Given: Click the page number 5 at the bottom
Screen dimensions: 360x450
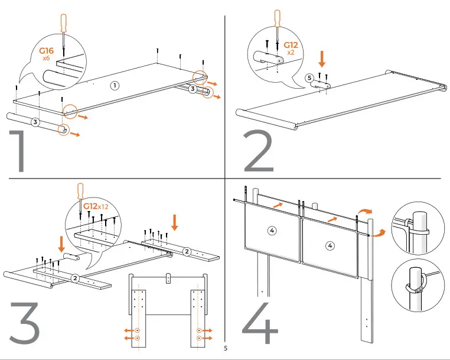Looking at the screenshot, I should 225,348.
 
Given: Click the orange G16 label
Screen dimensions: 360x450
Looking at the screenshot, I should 47,51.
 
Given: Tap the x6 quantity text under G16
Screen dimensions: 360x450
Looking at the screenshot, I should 47,59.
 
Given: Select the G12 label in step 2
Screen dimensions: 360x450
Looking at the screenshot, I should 291,45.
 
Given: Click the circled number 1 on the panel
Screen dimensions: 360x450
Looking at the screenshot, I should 115,86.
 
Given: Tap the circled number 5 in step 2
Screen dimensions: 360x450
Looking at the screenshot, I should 309,78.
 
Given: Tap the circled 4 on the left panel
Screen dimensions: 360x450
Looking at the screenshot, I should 272,231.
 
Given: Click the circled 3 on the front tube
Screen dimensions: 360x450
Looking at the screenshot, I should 35,122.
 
